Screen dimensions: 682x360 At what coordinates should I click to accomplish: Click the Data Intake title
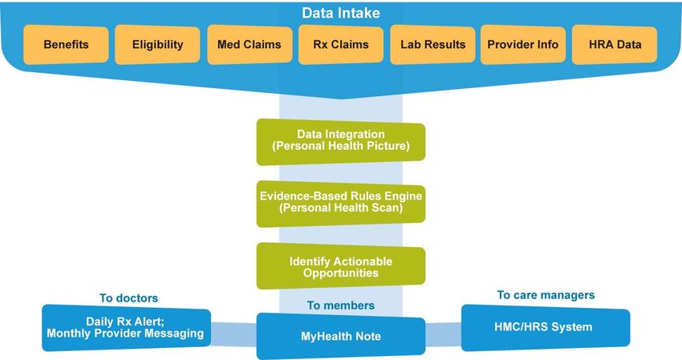point(340,13)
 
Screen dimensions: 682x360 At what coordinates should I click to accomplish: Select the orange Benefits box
point(66,44)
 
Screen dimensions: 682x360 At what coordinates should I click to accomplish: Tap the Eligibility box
point(157,44)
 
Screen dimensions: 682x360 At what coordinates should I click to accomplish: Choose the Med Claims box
point(250,44)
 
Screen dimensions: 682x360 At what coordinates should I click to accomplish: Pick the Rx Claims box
point(341,44)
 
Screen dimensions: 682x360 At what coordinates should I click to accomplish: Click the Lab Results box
point(432,44)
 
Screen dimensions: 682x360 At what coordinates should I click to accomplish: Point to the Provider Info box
point(523,44)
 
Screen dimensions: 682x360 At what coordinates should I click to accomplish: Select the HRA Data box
point(615,44)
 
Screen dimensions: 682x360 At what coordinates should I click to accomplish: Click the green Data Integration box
point(341,142)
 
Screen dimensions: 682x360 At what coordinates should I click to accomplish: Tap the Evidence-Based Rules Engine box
point(341,204)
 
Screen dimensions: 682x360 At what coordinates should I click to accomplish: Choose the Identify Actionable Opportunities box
point(341,266)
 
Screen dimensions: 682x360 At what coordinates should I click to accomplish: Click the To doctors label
point(128,298)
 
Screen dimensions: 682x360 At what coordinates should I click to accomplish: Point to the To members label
point(340,305)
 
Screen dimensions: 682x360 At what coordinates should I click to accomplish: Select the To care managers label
point(546,295)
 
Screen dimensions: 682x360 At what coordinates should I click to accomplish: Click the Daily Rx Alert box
point(127,328)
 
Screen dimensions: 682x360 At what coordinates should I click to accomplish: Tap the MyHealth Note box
point(341,336)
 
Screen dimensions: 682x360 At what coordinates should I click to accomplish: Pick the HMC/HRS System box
point(546,327)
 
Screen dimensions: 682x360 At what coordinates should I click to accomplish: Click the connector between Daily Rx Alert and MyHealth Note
point(234,334)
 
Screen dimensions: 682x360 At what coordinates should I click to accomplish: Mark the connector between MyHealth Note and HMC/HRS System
point(443,334)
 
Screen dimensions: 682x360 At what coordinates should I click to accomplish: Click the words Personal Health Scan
point(341,208)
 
